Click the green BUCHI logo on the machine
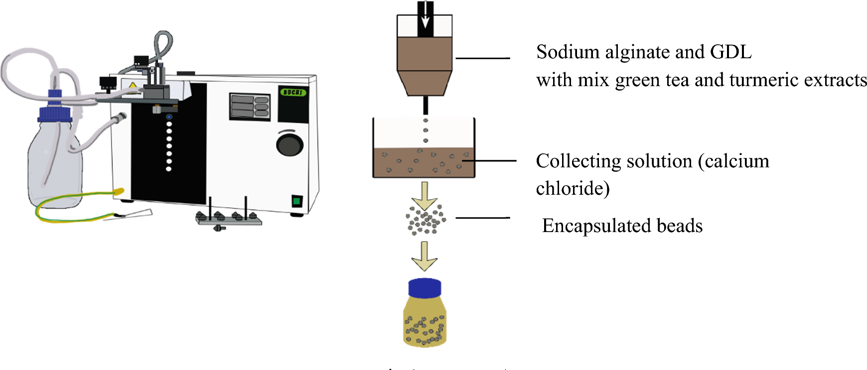292,92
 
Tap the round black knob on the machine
289,144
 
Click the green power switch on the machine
296,201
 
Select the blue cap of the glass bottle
55,114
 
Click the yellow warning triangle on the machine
133,86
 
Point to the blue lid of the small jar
425,288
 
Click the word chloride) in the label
573,189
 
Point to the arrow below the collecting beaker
424,195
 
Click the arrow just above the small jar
424,256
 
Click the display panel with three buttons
250,106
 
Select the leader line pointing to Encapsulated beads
482,218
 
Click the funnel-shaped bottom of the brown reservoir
425,83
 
